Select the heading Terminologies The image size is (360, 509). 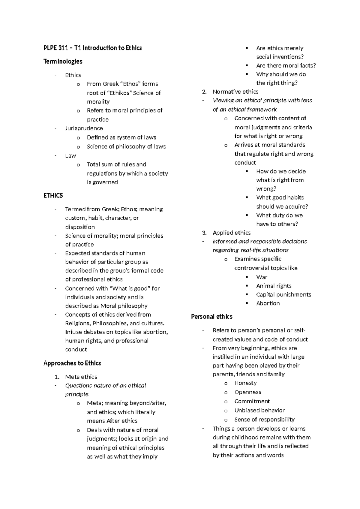[x=63, y=62]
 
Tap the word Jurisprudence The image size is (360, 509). [x=84, y=128]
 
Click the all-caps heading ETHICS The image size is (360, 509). [x=53, y=196]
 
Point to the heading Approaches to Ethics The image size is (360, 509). [x=72, y=363]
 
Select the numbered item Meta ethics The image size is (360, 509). [x=81, y=377]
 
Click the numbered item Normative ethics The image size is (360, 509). [x=235, y=92]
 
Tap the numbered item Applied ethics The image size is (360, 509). [x=231, y=233]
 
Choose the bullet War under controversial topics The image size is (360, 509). [x=262, y=277]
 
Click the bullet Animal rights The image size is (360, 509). [x=274, y=286]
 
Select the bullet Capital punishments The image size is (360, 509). [x=283, y=295]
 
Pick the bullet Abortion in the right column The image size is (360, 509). [x=268, y=303]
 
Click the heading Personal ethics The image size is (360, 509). [x=211, y=317]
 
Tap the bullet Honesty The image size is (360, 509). [x=245, y=383]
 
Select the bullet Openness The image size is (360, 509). [x=247, y=392]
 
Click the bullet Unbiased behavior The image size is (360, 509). [x=259, y=411]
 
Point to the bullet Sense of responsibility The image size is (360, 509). [x=264, y=420]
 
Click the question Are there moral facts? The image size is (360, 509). [x=286, y=66]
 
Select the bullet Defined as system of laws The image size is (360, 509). [x=121, y=137]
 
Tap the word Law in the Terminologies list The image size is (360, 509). [x=70, y=156]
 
